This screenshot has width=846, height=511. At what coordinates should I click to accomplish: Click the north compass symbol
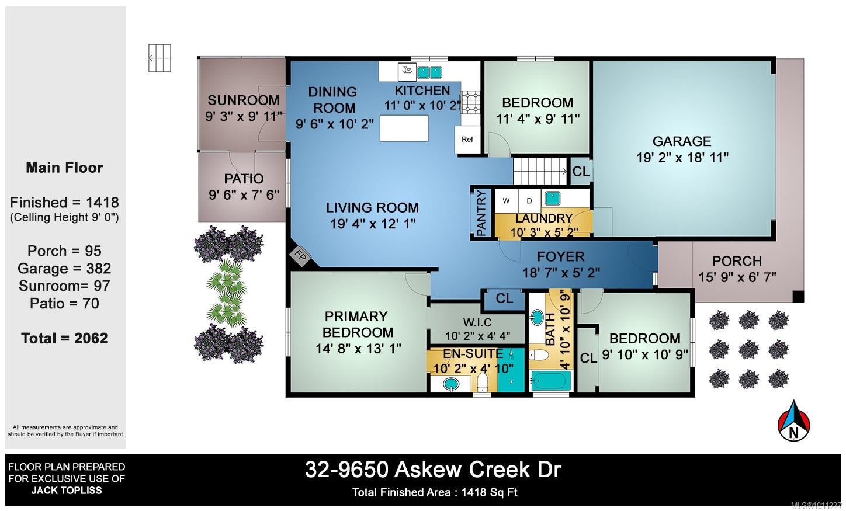tap(793, 421)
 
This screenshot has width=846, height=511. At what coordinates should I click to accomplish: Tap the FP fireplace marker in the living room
tap(301, 256)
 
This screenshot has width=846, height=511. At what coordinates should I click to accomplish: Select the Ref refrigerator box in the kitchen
tap(467, 140)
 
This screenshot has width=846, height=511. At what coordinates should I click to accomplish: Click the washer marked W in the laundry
tap(506, 201)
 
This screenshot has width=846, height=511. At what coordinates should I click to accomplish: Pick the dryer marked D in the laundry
tap(529, 201)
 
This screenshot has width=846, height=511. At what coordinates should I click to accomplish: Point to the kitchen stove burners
tap(470, 102)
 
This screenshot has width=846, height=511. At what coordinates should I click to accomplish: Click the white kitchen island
tap(404, 128)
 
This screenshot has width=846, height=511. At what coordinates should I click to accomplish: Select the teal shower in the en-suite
tap(511, 370)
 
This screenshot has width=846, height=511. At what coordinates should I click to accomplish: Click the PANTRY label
tap(481, 213)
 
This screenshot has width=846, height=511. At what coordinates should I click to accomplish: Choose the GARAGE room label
tap(682, 141)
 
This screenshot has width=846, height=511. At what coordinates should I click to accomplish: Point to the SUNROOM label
tap(244, 100)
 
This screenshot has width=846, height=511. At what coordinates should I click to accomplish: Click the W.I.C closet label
tap(477, 323)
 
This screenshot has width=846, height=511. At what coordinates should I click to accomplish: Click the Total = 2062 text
tap(65, 338)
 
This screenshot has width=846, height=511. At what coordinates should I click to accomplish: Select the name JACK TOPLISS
tap(67, 490)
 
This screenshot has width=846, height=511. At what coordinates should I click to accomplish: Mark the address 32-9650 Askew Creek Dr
tap(433, 470)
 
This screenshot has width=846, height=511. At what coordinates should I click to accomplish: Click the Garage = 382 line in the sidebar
tap(65, 268)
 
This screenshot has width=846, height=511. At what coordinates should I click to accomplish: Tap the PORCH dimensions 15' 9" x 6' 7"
tap(737, 277)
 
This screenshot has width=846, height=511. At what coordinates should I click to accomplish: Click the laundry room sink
tap(552, 198)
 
